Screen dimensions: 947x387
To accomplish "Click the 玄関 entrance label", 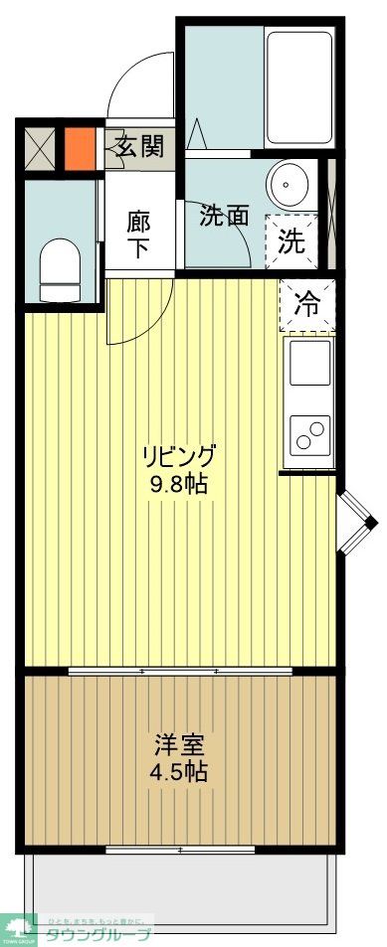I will click(140, 149).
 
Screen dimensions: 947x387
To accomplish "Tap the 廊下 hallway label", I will click(139, 234).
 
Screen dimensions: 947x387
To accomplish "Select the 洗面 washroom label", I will click(224, 216).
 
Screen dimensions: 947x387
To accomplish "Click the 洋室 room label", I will click(180, 743).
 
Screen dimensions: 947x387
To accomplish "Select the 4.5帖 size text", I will click(180, 772).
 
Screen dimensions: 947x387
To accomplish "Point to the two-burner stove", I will click(309, 434).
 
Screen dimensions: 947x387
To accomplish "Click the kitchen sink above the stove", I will click(309, 364).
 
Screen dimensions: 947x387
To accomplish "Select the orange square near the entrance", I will click(80, 147).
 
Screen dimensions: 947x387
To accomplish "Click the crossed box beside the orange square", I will click(42, 148).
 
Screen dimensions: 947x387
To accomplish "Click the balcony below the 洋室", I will click(180, 884).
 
